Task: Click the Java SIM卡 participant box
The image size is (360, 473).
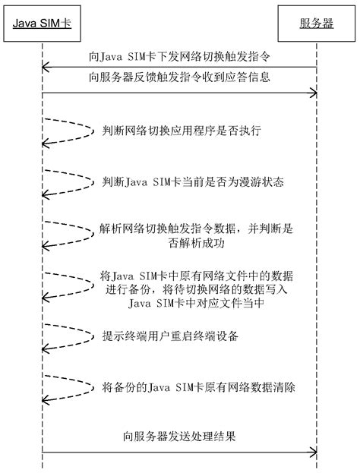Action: pyautogui.click(x=42, y=24)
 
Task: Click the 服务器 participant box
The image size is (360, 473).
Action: pyautogui.click(x=316, y=24)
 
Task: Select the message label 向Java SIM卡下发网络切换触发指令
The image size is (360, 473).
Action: pyautogui.click(x=179, y=56)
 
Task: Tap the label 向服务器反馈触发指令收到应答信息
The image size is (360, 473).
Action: pyautogui.click(x=179, y=77)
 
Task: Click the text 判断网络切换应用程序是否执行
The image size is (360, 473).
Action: pyautogui.click(x=182, y=131)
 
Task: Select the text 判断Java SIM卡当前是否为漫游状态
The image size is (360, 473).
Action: pyautogui.click(x=193, y=182)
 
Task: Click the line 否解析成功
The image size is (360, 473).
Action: pyautogui.click(x=197, y=243)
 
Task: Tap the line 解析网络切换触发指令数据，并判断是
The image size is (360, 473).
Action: pyautogui.click(x=196, y=229)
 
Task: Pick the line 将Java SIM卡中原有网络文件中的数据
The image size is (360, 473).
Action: pyautogui.click(x=197, y=276)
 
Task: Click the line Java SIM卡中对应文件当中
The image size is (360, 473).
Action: pyautogui.click(x=196, y=303)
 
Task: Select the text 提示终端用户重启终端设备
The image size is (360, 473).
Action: pyautogui.click(x=170, y=336)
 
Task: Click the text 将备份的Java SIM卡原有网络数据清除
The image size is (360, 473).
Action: pyautogui.click(x=198, y=387)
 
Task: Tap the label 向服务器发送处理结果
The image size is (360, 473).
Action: pyautogui.click(x=179, y=437)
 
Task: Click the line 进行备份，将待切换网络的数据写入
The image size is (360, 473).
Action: pyautogui.click(x=196, y=289)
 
